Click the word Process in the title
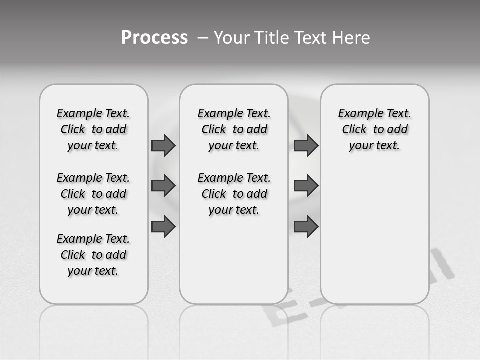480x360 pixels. pyautogui.click(x=154, y=38)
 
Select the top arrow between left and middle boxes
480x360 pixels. pyautogui.click(x=163, y=145)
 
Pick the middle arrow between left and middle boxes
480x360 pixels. pyautogui.click(x=163, y=186)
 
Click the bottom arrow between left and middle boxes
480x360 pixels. pyautogui.click(x=163, y=226)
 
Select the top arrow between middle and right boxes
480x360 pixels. pyautogui.click(x=306, y=145)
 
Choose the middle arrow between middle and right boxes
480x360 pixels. pyautogui.click(x=306, y=186)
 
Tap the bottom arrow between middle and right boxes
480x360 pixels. pyautogui.click(x=306, y=226)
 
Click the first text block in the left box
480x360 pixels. pyautogui.click(x=93, y=129)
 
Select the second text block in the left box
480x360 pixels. pyautogui.click(x=93, y=194)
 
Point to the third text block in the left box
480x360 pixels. pyautogui.click(x=93, y=255)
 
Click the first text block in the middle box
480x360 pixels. pyautogui.click(x=234, y=129)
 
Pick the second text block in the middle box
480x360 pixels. pyautogui.click(x=234, y=194)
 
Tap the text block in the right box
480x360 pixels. pyautogui.click(x=375, y=129)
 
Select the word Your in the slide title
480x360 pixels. pyautogui.click(x=232, y=38)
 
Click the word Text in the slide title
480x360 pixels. pyautogui.click(x=312, y=38)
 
